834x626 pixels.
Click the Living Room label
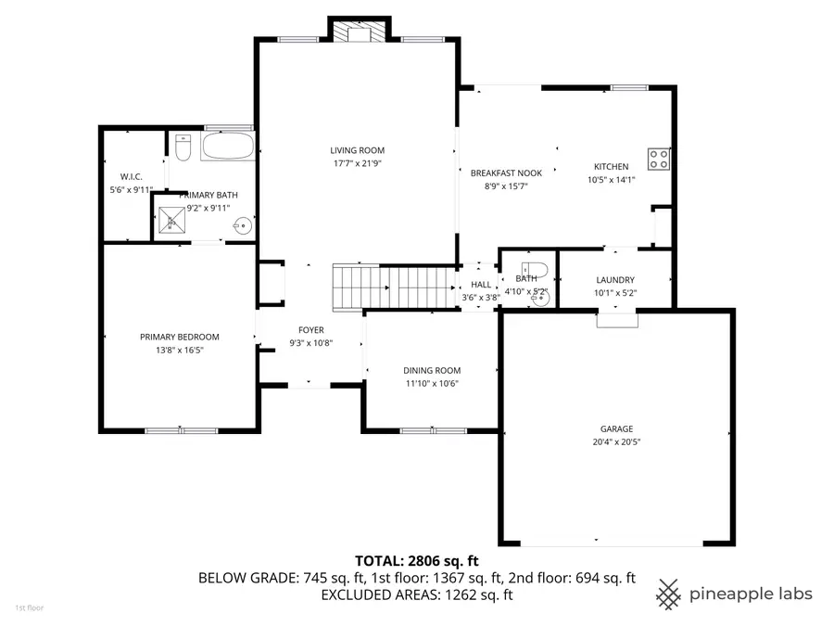(x=357, y=150)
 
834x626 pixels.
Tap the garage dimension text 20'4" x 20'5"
(x=616, y=442)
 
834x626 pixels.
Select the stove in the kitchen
(x=659, y=160)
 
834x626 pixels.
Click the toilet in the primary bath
(x=183, y=147)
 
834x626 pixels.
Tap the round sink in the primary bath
(x=243, y=224)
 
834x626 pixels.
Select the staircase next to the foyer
(x=393, y=286)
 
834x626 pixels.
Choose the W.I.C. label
(x=130, y=176)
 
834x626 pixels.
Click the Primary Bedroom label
(x=179, y=337)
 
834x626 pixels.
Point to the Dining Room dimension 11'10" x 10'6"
(x=432, y=383)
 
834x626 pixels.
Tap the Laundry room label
(x=615, y=280)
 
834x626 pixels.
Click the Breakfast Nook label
(x=506, y=173)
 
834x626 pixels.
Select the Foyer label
(x=310, y=330)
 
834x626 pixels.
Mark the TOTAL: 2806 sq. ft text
(x=416, y=560)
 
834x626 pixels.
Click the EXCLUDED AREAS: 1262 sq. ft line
(x=416, y=595)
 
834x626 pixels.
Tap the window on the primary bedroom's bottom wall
(x=181, y=429)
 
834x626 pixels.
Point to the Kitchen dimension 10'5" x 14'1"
(x=611, y=180)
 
